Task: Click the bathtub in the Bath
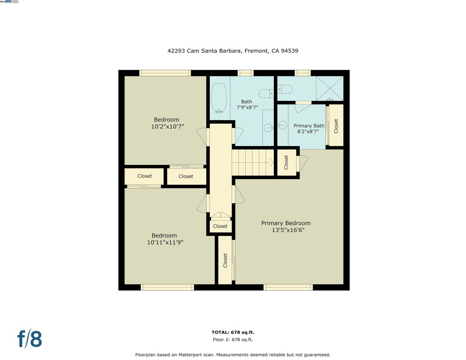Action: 219,97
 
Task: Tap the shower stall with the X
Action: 330,88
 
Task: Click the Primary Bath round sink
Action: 282,125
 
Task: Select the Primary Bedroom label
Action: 286,223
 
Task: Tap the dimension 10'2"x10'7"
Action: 167,127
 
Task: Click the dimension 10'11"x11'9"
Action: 165,243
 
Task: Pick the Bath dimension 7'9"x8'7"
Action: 247,108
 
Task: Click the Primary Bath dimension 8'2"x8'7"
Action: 308,132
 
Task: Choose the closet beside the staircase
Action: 286,162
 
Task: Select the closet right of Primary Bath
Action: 336,126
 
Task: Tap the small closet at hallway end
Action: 220,226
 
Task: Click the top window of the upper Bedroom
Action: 165,73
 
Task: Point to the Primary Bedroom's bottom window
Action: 288,287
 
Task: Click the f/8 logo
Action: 30,339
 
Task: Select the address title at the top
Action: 233,51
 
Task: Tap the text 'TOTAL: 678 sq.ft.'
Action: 233,332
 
